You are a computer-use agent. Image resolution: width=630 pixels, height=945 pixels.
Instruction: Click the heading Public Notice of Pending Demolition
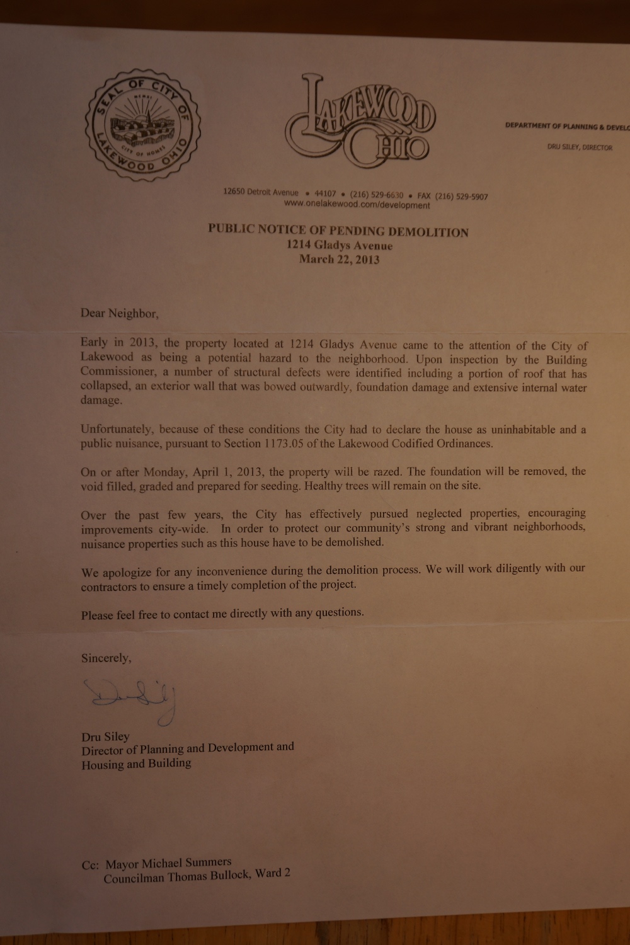(x=338, y=231)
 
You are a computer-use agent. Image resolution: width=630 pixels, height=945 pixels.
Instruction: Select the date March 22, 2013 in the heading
(x=339, y=259)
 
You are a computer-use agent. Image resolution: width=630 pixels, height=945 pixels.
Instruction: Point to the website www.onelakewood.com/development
(x=357, y=205)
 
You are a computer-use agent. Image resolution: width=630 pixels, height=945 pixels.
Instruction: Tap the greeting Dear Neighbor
(x=115, y=313)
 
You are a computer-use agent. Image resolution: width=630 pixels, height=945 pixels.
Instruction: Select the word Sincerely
(x=106, y=658)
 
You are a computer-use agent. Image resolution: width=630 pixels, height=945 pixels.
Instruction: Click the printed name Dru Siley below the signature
(x=105, y=736)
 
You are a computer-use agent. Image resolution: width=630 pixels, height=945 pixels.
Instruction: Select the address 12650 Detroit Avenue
(x=260, y=192)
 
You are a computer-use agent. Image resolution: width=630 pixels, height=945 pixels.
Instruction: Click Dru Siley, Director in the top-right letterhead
(x=579, y=147)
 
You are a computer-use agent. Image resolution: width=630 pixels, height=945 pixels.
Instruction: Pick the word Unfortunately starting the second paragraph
(x=116, y=430)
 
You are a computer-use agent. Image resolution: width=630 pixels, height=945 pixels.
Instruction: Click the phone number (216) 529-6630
(x=376, y=195)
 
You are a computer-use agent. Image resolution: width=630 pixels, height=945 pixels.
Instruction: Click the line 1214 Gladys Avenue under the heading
(x=339, y=246)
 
